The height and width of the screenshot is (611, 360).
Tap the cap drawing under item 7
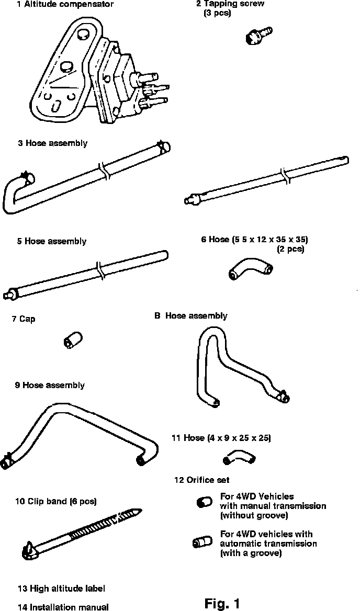(x=71, y=340)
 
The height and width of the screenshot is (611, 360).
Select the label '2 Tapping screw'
(x=230, y=4)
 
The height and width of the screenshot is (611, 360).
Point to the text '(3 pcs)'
(x=217, y=13)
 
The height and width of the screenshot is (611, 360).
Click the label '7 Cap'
(x=24, y=319)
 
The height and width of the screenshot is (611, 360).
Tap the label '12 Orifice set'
(x=201, y=479)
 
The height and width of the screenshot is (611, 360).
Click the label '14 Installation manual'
(x=63, y=607)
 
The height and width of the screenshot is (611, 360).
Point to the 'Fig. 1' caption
(x=222, y=604)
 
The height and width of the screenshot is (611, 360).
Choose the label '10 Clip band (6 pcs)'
(x=55, y=501)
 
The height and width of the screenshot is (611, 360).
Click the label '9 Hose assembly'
(x=50, y=385)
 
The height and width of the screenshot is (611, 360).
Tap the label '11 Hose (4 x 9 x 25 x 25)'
(x=221, y=437)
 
